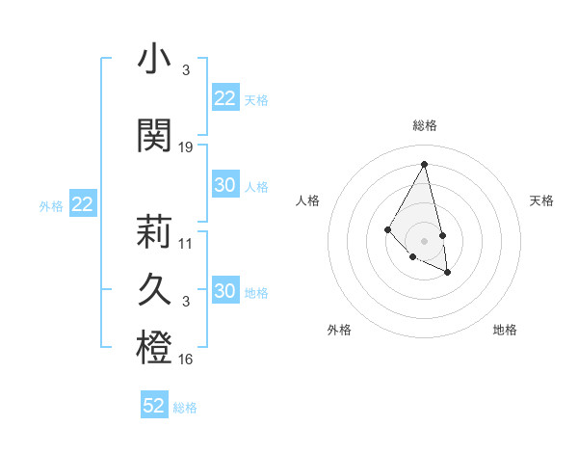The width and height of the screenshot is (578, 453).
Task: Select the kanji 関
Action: [x=154, y=134]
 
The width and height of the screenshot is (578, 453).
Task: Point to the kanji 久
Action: [x=154, y=289]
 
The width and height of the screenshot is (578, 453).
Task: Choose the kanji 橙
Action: [x=154, y=348]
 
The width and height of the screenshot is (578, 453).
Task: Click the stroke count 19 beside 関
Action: [x=186, y=147]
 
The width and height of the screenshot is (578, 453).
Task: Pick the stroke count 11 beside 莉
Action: [x=186, y=243]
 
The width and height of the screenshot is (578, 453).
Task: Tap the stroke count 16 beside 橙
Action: [x=186, y=360]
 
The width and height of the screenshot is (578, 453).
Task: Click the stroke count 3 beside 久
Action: [x=185, y=302]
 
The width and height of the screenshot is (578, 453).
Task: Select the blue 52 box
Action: [x=154, y=406]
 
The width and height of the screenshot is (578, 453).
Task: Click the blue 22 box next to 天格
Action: [x=225, y=98]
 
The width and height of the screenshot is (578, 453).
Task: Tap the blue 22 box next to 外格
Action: [x=83, y=204]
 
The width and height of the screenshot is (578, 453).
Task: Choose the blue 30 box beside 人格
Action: [x=225, y=185]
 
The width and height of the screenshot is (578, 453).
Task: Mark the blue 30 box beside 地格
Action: [x=225, y=291]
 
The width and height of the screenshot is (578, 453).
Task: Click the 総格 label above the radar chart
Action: [x=425, y=125]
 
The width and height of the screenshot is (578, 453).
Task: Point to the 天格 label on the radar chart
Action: [x=541, y=200]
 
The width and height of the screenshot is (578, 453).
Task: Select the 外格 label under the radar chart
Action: [x=339, y=330]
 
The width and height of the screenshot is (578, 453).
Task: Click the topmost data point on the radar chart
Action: [x=425, y=164]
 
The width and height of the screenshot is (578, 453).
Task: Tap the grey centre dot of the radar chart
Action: [x=424, y=240]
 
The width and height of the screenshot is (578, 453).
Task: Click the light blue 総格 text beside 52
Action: [x=185, y=408]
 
